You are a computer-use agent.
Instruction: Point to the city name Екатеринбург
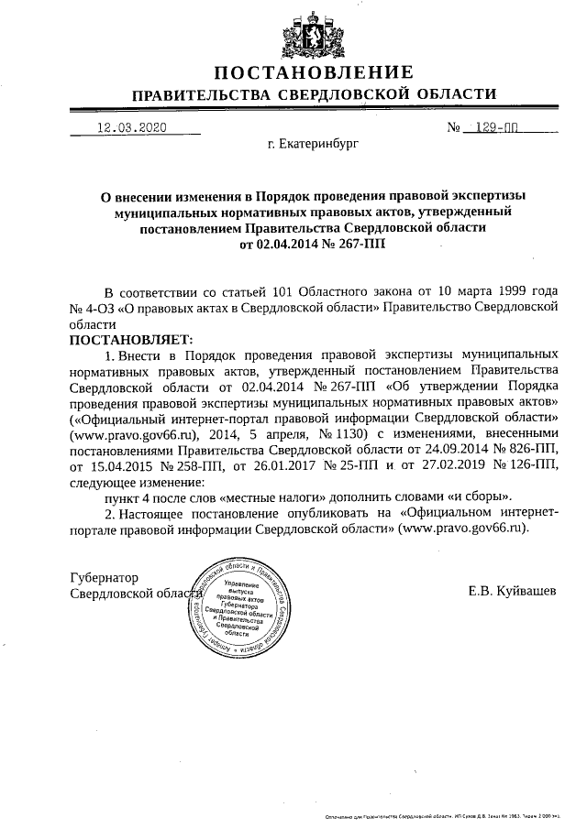point(314,145)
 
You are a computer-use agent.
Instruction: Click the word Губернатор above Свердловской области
point(105,578)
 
